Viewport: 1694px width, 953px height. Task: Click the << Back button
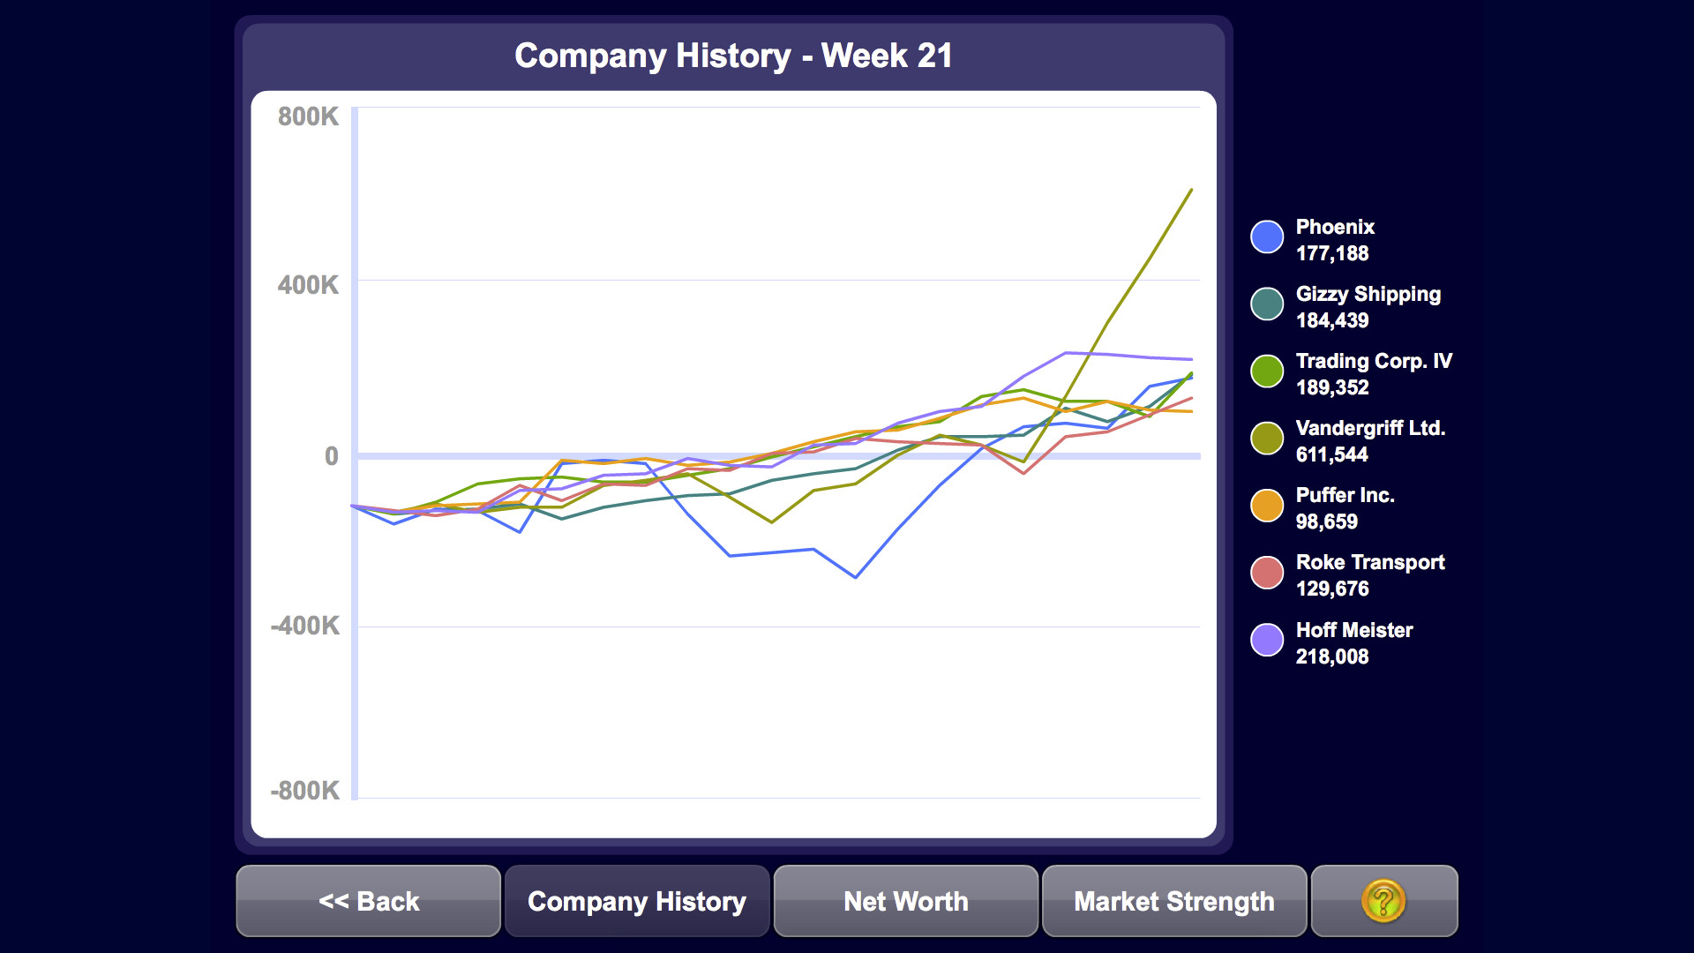(368, 901)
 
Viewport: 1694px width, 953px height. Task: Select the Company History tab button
(636, 901)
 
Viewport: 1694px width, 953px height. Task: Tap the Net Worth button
(905, 901)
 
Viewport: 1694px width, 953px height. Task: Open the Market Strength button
(1173, 901)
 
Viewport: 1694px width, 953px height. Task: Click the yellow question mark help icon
(1383, 901)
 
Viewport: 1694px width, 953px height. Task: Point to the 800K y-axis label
(308, 116)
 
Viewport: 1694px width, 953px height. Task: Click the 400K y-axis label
(308, 285)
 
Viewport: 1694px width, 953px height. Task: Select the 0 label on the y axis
(331, 456)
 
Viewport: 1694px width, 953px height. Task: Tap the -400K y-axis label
(305, 626)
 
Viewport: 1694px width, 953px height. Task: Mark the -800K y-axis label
(305, 790)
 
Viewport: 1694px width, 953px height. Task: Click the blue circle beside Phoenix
(1267, 236)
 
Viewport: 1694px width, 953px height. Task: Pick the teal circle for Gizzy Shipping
(1267, 304)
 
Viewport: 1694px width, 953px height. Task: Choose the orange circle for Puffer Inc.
(1267, 506)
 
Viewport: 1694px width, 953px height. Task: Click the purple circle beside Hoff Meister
(1267, 640)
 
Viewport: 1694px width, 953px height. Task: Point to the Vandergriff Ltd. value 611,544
(1331, 454)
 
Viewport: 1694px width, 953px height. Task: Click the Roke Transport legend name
(1369, 562)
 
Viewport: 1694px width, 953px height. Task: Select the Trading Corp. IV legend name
(1373, 361)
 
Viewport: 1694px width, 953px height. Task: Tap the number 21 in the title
(934, 56)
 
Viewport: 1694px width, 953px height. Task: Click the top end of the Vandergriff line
(1191, 190)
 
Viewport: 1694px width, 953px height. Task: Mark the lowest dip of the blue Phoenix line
(856, 577)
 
